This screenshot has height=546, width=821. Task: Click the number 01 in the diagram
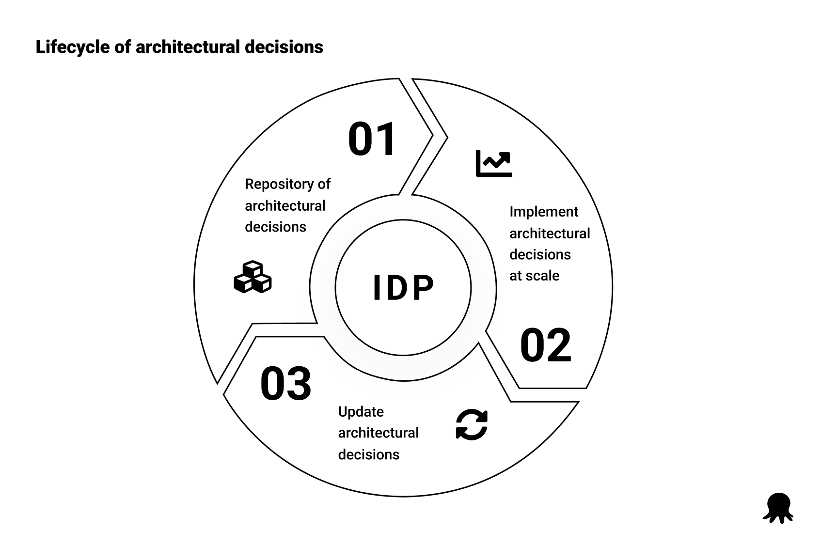click(372, 140)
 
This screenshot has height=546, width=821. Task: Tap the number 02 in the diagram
click(546, 346)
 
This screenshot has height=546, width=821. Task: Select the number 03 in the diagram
click(286, 384)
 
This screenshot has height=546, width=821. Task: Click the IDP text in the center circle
click(403, 288)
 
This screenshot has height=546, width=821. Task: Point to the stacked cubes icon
click(253, 278)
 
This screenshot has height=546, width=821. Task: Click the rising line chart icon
click(494, 163)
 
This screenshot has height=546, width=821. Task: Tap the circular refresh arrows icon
click(472, 425)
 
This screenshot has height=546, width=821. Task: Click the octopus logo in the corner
click(778, 508)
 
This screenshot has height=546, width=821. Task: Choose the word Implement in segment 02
click(544, 212)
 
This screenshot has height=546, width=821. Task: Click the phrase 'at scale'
click(534, 276)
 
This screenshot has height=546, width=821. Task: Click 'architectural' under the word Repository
click(285, 206)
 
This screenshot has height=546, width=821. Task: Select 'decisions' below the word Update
click(369, 454)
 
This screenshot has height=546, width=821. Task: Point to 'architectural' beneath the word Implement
click(550, 234)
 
